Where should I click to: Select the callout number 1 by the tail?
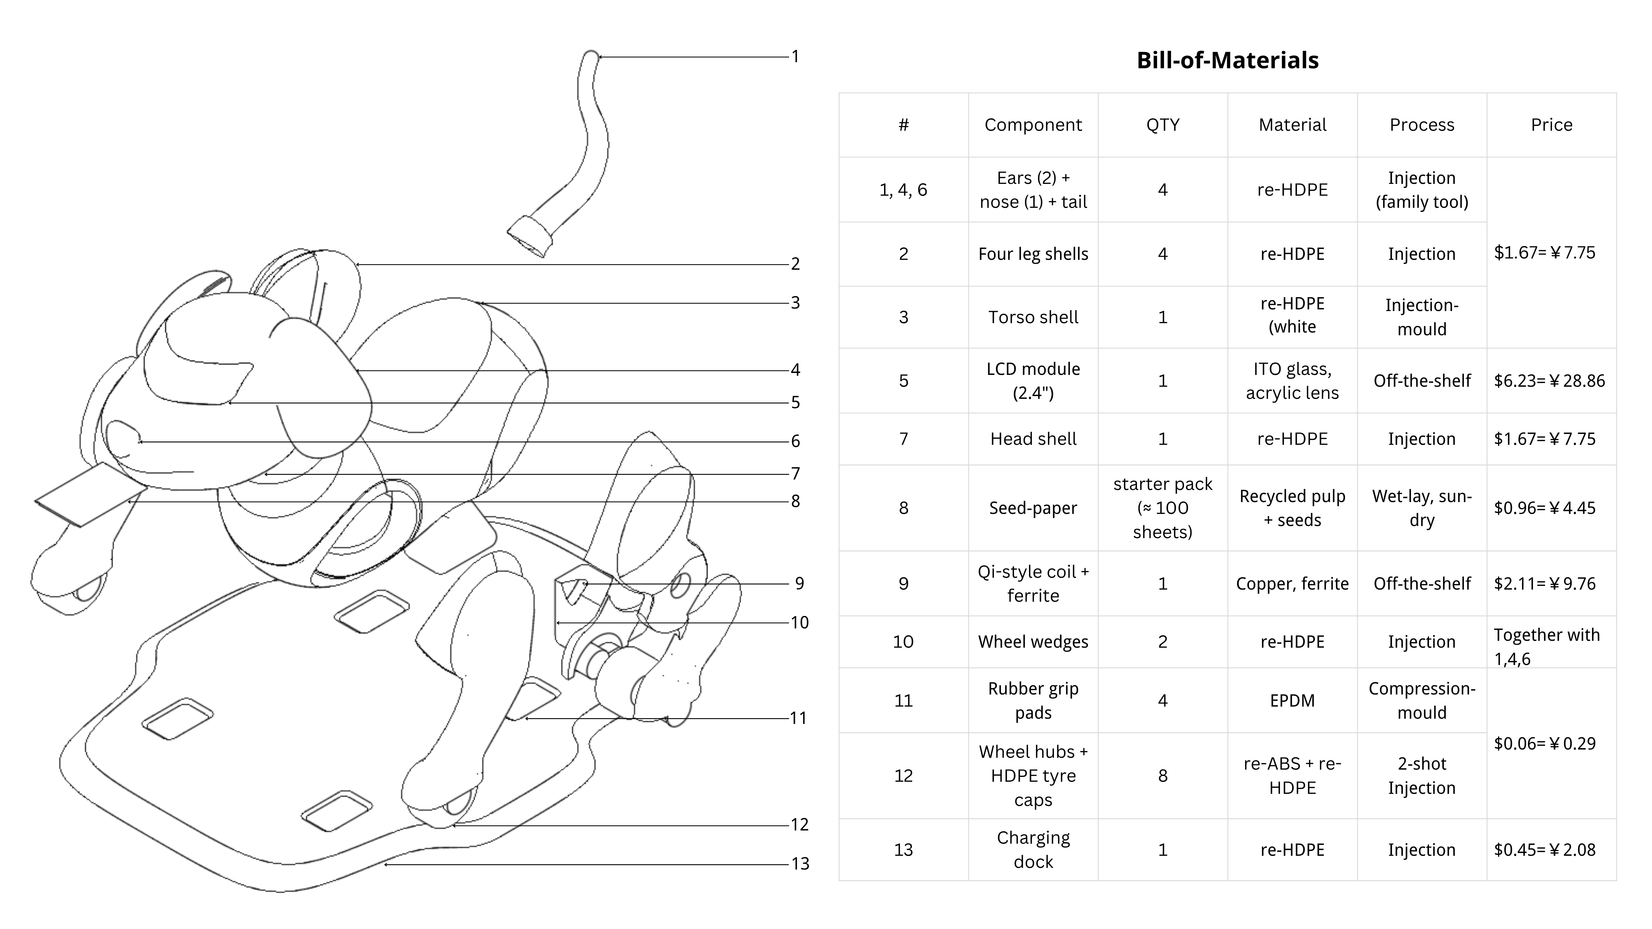click(x=795, y=56)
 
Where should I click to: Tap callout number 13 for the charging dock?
click(x=800, y=863)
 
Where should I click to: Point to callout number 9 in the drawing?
click(x=799, y=584)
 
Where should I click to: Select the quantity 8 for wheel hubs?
click(x=1162, y=776)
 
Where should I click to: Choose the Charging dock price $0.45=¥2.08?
click(x=1544, y=850)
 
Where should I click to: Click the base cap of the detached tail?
click(x=530, y=236)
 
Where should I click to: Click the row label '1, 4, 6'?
click(x=903, y=190)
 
